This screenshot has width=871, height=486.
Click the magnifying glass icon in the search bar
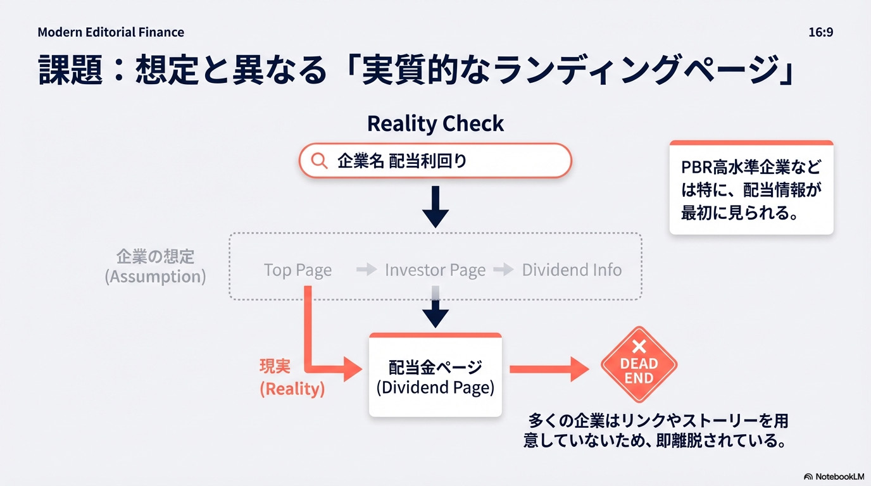[x=320, y=161]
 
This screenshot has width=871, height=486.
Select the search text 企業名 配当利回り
[x=402, y=161]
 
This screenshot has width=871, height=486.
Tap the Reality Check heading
[x=435, y=123]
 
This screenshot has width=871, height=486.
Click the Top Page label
[x=298, y=270]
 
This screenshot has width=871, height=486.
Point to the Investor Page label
[x=435, y=270]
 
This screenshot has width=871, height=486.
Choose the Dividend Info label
[x=572, y=270]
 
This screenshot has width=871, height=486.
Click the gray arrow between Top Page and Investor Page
[x=367, y=270]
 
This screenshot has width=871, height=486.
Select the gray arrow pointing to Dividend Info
[x=503, y=270]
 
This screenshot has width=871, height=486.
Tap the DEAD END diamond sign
[x=639, y=365]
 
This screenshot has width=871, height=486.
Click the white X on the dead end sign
[x=639, y=346]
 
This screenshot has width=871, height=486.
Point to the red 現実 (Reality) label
[x=292, y=378]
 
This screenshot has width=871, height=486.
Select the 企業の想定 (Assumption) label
[x=155, y=266]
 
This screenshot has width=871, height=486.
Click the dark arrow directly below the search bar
[x=435, y=206]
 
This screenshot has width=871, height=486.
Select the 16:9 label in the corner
[x=820, y=32]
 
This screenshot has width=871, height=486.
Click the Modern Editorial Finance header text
[x=111, y=32]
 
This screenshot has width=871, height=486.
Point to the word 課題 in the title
[x=70, y=70]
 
